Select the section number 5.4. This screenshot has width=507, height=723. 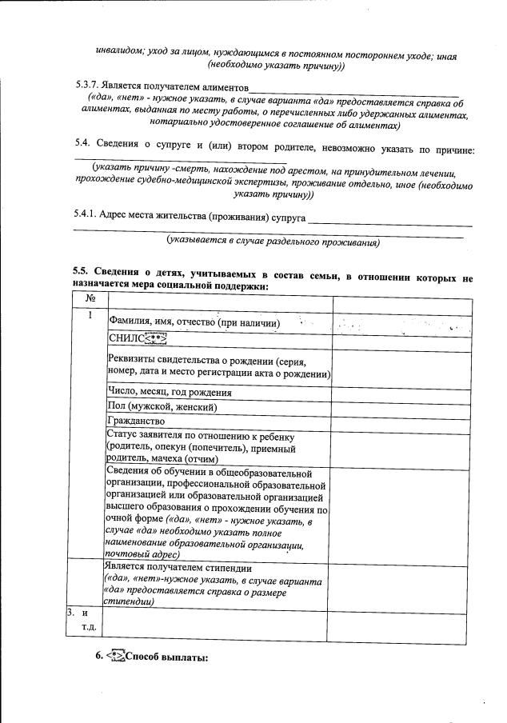pyautogui.click(x=82, y=149)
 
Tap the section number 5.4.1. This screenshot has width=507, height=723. pyautogui.click(x=89, y=218)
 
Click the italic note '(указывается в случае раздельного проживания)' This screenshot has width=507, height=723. pyautogui.click(x=272, y=241)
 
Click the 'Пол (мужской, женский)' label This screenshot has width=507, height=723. pyautogui.click(x=162, y=406)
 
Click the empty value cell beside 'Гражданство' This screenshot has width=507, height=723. pyautogui.click(x=401, y=420)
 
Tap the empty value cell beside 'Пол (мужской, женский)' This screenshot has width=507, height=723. pyautogui.click(x=401, y=406)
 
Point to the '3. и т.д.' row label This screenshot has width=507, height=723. pyautogui.click(x=82, y=620)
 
